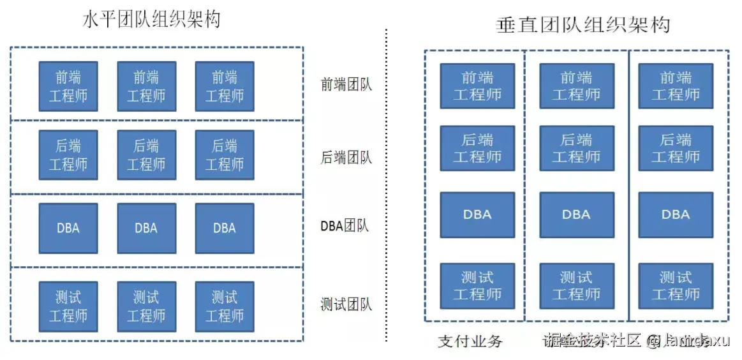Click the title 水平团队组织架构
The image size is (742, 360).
coord(151,19)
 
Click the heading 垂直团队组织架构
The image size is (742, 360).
coord(582,24)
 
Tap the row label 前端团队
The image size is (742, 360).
coord(346,85)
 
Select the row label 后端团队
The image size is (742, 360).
coord(346,157)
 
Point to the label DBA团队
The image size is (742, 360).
coord(345,226)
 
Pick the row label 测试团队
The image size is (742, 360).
coord(346,304)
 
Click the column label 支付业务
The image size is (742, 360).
coord(470,341)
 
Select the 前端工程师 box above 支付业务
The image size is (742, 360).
coord(477,86)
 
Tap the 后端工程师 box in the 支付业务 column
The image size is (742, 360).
coord(477,149)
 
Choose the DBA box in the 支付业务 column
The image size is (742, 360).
coord(477,214)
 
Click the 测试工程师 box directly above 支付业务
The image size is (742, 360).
coord(477,286)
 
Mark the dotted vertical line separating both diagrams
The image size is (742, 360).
coord(387,185)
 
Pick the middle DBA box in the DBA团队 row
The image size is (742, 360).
coord(146,228)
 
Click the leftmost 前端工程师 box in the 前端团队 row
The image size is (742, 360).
coord(68,86)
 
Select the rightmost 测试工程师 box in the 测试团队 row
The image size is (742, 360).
coord(224,306)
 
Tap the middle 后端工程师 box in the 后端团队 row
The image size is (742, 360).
coord(146,155)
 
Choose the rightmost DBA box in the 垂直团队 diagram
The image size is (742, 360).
coord(676,214)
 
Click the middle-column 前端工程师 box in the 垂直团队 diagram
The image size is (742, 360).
coord(577,86)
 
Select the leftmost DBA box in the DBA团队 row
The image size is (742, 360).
coord(68,228)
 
